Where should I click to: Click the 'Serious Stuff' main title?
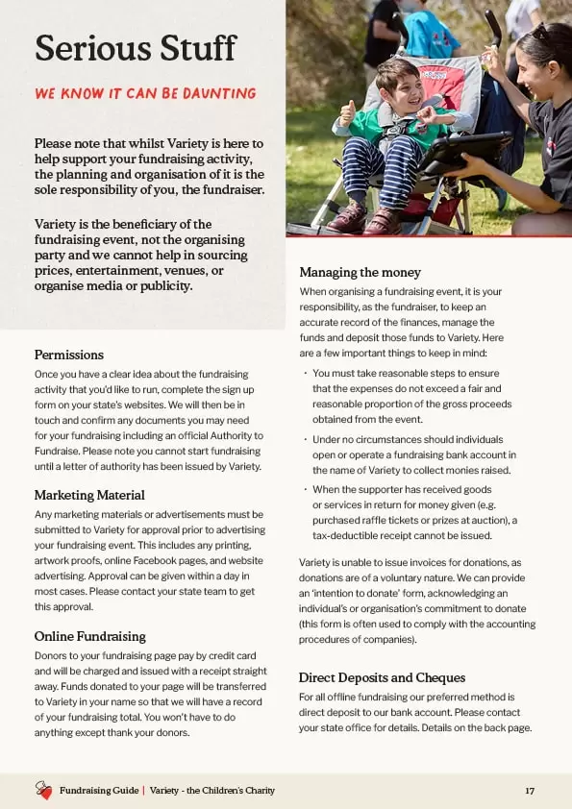pyautogui.click(x=135, y=48)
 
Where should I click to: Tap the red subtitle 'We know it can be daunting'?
pyautogui.click(x=145, y=94)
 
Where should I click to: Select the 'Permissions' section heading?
pyautogui.click(x=69, y=355)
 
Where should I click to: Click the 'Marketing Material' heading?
pyautogui.click(x=89, y=495)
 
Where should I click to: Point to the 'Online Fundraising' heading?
pyautogui.click(x=89, y=636)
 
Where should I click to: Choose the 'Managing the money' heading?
pyautogui.click(x=360, y=272)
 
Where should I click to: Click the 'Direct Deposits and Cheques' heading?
pyautogui.click(x=382, y=677)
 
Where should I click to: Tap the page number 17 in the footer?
pyautogui.click(x=530, y=791)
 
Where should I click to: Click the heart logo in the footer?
pyautogui.click(x=43, y=791)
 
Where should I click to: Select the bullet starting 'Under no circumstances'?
pyautogui.click(x=413, y=454)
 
